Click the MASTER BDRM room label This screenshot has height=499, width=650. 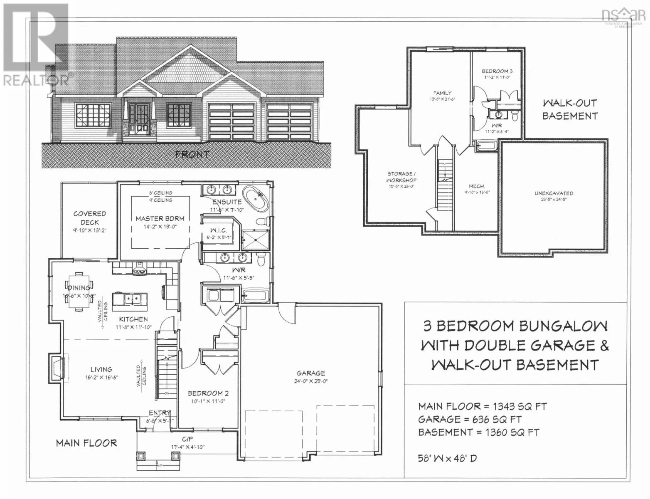pos(160,218)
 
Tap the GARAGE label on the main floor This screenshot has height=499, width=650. pos(311,373)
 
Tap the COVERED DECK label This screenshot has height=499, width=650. pos(89,218)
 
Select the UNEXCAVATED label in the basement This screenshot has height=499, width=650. pos(554,193)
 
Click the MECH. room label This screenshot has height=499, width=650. pos(477,186)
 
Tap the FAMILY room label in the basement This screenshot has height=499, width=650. pos(442,93)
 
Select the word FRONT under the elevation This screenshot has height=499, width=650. pos(192,155)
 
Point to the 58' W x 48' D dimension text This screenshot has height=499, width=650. pos(447,458)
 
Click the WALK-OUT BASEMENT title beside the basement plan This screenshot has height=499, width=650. pos(569,109)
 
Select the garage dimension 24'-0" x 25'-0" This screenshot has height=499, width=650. pos(311,381)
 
